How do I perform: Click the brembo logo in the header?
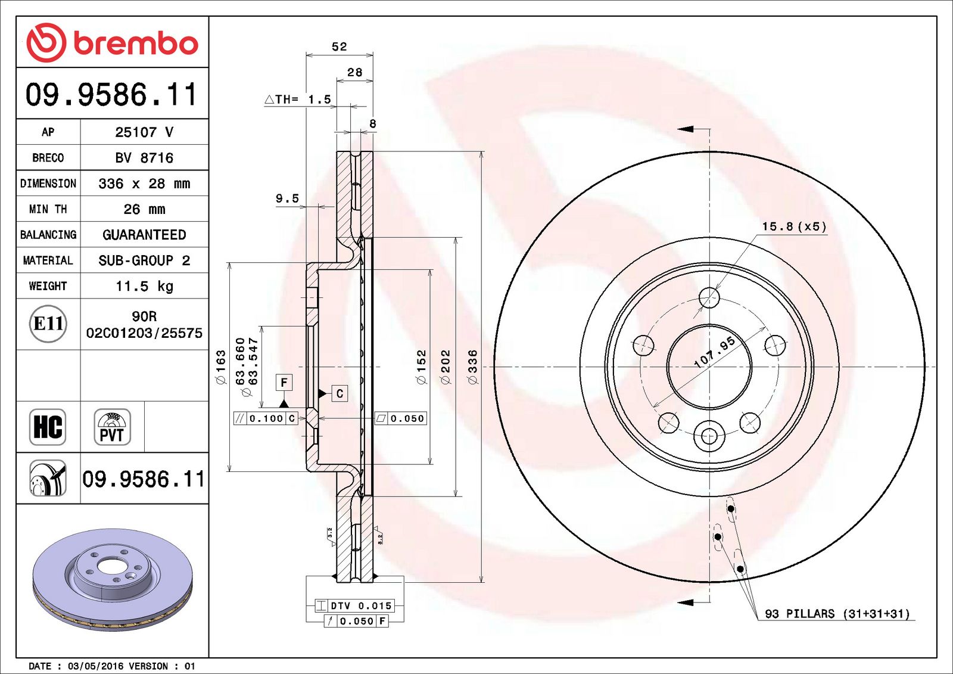click(112, 42)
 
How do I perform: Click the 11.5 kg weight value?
click(144, 286)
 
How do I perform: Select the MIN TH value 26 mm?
click(144, 209)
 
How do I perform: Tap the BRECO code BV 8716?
click(144, 158)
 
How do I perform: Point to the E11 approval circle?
click(48, 324)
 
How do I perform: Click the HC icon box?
click(48, 427)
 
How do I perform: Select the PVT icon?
click(112, 427)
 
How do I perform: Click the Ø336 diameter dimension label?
click(472, 366)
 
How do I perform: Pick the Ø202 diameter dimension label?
click(446, 366)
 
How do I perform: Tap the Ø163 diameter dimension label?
click(220, 366)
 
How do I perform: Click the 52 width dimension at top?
click(339, 46)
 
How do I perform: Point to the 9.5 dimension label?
click(287, 198)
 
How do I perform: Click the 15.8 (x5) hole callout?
click(794, 226)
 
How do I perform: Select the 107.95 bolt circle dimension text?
click(715, 352)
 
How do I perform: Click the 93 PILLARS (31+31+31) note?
click(837, 614)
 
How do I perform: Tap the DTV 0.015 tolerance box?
click(355, 606)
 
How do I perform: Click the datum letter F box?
click(284, 382)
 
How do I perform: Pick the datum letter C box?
click(340, 393)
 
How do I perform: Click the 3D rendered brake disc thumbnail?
click(113, 578)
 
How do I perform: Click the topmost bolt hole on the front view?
click(709, 297)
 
